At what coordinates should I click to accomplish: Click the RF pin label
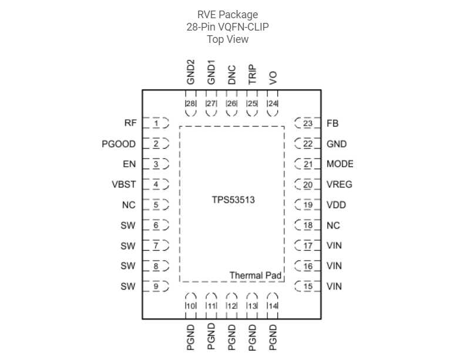click(x=130, y=123)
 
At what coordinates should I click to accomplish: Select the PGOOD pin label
click(x=119, y=144)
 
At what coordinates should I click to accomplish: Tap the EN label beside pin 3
click(x=129, y=164)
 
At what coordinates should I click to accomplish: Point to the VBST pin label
click(x=124, y=184)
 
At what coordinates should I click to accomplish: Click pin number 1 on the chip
click(x=156, y=123)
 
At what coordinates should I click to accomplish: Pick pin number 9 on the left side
click(x=156, y=287)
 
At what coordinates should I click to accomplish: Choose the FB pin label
click(x=333, y=123)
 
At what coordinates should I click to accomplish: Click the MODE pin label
click(x=340, y=164)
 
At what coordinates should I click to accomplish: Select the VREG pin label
click(x=340, y=184)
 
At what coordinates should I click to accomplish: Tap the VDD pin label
click(x=337, y=205)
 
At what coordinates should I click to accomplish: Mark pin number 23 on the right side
click(x=308, y=123)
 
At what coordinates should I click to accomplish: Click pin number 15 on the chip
click(x=308, y=287)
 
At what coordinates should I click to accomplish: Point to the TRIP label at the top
click(x=252, y=75)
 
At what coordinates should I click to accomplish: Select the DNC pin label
click(x=231, y=75)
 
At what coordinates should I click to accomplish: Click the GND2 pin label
click(x=190, y=72)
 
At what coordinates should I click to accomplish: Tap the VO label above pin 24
click(x=273, y=79)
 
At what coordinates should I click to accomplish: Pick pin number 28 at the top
click(x=190, y=104)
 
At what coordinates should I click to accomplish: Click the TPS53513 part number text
click(x=233, y=200)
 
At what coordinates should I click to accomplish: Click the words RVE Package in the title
click(x=227, y=15)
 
